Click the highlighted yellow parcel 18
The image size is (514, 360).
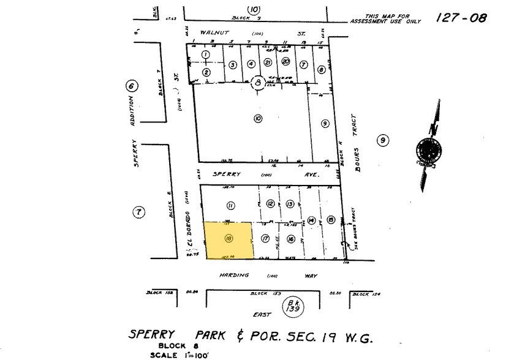(227, 240)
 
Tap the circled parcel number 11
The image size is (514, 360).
(231, 205)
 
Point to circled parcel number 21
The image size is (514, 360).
(268, 62)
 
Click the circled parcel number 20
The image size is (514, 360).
(285, 62)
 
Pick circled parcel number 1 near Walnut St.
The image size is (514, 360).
(206, 54)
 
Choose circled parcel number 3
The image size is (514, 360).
(233, 65)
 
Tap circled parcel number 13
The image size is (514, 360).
(290, 204)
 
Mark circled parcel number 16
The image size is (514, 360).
(291, 239)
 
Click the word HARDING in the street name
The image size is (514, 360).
(234, 276)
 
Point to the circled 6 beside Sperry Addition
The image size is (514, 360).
(130, 86)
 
